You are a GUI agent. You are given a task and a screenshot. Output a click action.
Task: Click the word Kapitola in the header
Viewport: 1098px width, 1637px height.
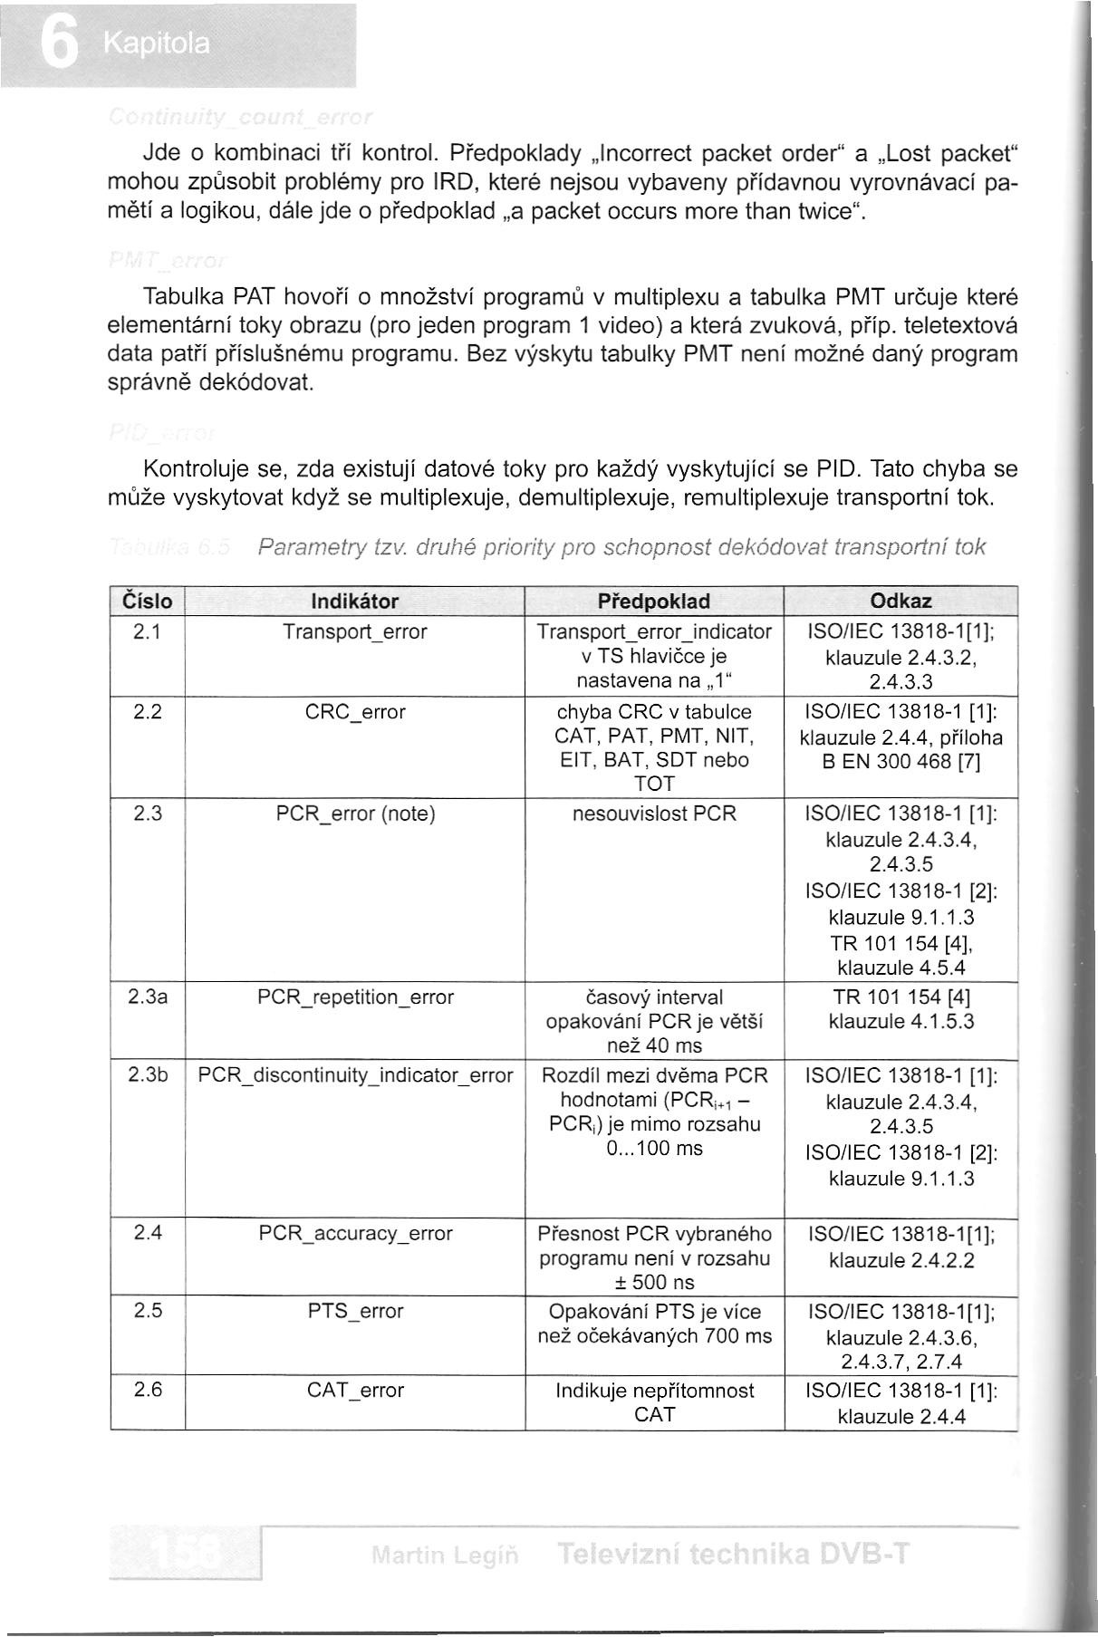(156, 44)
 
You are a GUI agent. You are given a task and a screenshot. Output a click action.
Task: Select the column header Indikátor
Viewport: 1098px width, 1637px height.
(354, 602)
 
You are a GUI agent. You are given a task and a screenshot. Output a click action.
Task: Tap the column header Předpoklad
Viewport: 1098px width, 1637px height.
(654, 602)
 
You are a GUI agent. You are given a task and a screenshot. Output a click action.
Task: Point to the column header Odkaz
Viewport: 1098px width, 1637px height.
(901, 602)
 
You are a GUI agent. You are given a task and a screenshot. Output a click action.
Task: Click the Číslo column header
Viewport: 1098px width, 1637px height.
(147, 602)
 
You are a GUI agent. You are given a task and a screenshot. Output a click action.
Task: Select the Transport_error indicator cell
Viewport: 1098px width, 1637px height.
(354, 631)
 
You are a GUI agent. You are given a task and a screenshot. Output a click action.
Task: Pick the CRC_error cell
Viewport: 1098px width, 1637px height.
(355, 712)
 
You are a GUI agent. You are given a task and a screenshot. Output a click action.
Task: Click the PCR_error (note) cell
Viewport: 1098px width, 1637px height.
(355, 814)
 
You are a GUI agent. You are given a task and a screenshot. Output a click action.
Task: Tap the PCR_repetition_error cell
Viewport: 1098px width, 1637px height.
(355, 997)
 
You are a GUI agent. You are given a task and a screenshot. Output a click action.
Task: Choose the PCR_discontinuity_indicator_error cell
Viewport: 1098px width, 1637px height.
(355, 1075)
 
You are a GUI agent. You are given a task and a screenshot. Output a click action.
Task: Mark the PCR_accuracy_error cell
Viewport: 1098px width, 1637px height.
(355, 1233)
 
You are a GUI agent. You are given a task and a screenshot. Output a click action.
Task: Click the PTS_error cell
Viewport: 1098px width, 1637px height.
(355, 1311)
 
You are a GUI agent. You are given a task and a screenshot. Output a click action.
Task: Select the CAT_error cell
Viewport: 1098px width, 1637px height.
(355, 1390)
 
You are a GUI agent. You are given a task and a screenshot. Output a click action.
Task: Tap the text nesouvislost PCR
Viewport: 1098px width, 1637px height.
(654, 814)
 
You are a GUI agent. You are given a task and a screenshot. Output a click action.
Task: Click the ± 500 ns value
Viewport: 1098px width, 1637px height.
(654, 1282)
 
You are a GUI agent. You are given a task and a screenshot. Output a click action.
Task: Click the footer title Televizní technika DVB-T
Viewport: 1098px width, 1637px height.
(733, 1555)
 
